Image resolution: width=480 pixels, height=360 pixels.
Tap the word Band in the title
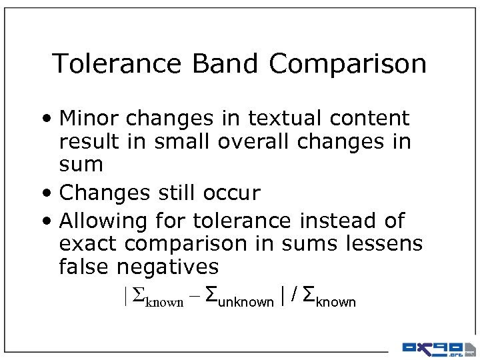click(x=225, y=64)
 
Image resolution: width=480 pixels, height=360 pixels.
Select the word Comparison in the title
click(x=347, y=64)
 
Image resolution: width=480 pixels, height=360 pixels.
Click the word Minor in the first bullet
click(x=89, y=119)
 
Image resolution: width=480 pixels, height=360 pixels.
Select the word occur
click(x=231, y=193)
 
